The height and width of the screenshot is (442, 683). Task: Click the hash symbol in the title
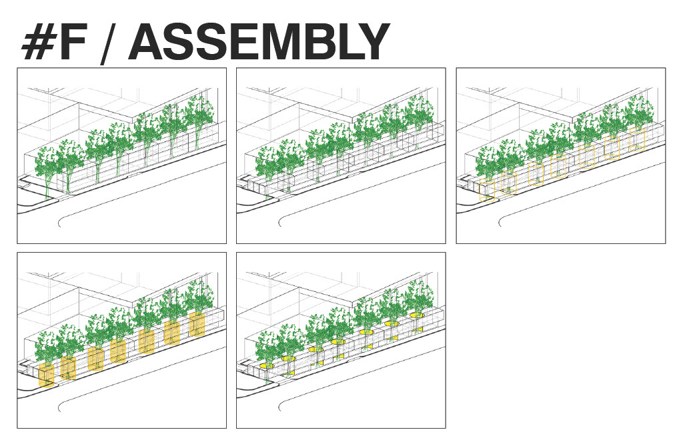coord(37,42)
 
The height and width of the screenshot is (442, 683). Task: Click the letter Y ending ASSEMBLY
coord(372,42)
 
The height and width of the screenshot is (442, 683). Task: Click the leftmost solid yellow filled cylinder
coord(47,375)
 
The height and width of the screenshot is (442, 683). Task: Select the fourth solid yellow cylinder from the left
coord(118,351)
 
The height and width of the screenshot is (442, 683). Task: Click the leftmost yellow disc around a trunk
coord(267,366)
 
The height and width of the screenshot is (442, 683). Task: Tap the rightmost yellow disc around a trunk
coord(417,315)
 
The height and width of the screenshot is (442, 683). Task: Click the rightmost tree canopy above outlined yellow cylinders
coord(638,111)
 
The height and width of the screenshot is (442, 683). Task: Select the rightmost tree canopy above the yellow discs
coord(419,297)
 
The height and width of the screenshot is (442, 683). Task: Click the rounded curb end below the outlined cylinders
coord(500,221)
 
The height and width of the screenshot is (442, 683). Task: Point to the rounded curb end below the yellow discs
coord(281,407)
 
